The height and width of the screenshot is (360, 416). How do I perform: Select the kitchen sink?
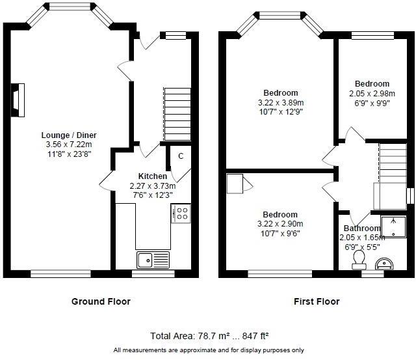pyautogui.click(x=152, y=260)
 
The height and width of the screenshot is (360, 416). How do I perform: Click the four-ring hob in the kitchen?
pyautogui.click(x=181, y=213)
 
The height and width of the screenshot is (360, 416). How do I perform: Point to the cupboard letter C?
pyautogui.click(x=181, y=156)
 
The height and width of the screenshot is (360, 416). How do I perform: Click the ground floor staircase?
pyautogui.click(x=176, y=114)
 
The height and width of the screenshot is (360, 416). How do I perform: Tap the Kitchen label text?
pyautogui.click(x=152, y=176)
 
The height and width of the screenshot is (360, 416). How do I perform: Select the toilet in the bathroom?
pyautogui.click(x=357, y=259)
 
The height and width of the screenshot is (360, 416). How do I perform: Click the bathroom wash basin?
pyautogui.click(x=385, y=264)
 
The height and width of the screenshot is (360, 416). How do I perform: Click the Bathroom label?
pyautogui.click(x=362, y=228)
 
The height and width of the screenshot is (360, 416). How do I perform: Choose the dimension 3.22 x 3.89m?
pyautogui.click(x=280, y=102)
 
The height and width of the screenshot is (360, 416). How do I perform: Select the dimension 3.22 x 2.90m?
pyautogui.click(x=280, y=224)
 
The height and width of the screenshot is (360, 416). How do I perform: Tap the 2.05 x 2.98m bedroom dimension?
pyautogui.click(x=372, y=93)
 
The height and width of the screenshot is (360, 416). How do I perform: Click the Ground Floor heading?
pyautogui.click(x=101, y=301)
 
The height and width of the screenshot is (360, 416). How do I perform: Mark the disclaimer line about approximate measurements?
pyautogui.click(x=209, y=350)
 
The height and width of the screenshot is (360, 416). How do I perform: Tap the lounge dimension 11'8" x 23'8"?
pyautogui.click(x=68, y=154)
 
